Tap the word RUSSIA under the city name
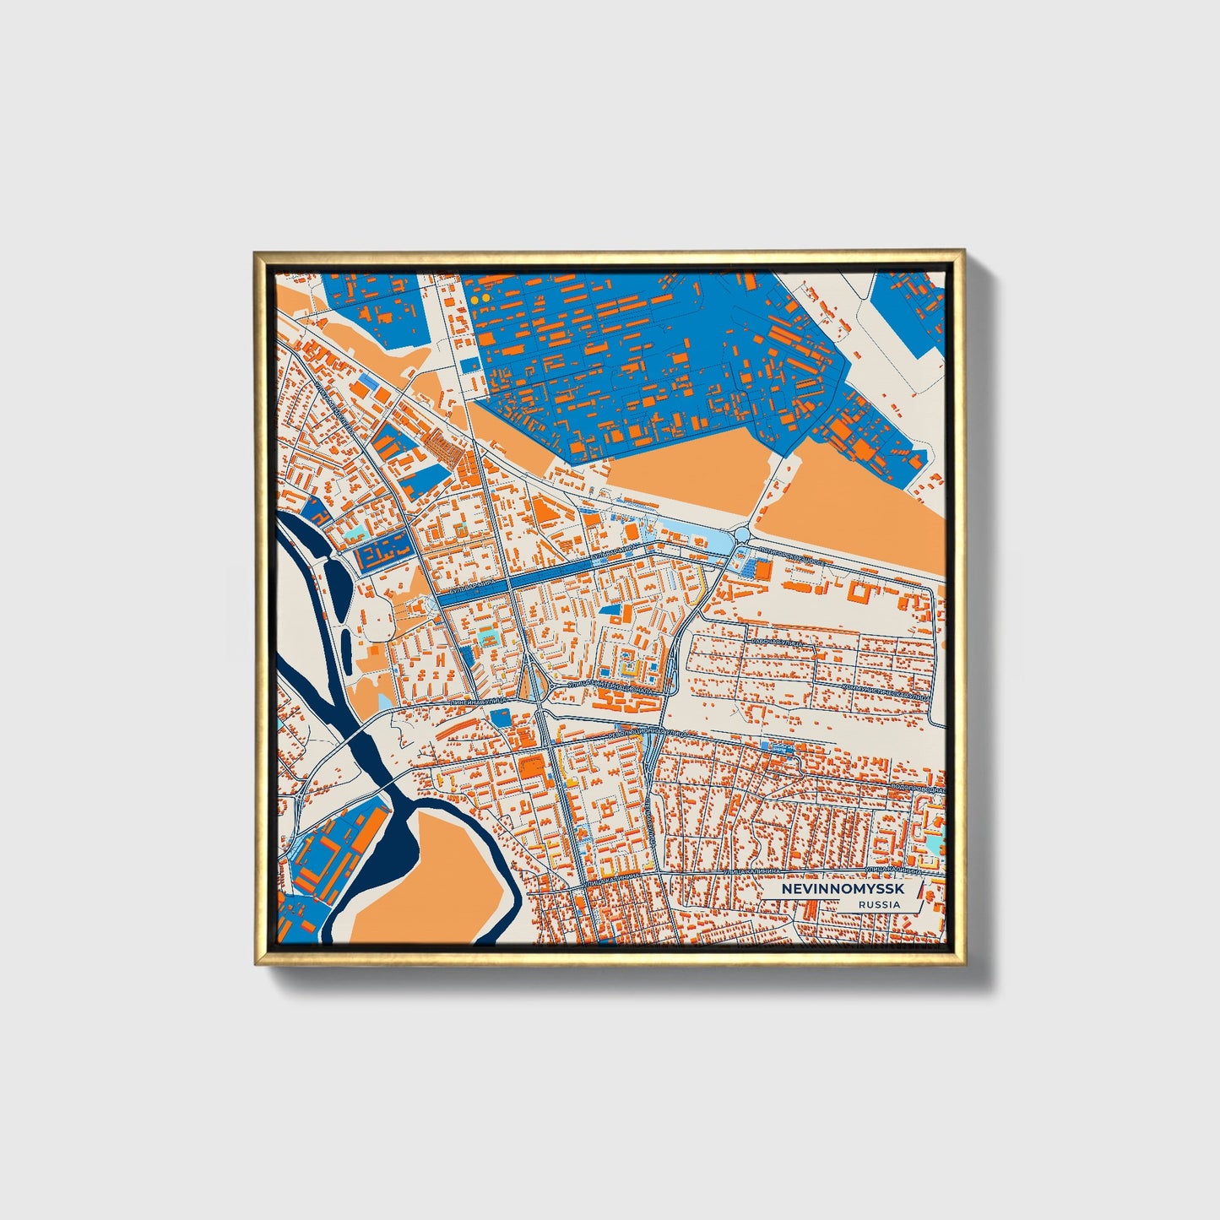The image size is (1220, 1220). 879,904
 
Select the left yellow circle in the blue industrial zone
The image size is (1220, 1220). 474,299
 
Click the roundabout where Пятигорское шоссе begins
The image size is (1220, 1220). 742,534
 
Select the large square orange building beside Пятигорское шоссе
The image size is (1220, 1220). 762,571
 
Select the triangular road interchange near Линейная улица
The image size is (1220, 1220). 534,680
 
